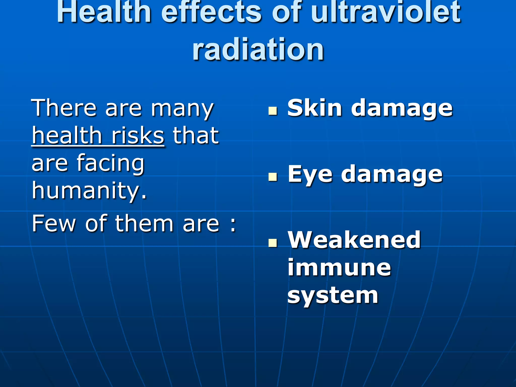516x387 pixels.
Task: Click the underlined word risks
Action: coord(138,136)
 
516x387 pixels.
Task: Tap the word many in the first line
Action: coord(182,109)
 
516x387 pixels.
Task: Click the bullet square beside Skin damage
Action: coord(273,111)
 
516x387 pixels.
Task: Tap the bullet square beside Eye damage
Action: coord(273,177)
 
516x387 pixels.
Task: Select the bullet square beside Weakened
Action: coord(273,243)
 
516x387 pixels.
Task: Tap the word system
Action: coord(333,295)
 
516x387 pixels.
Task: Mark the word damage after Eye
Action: coord(392,174)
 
